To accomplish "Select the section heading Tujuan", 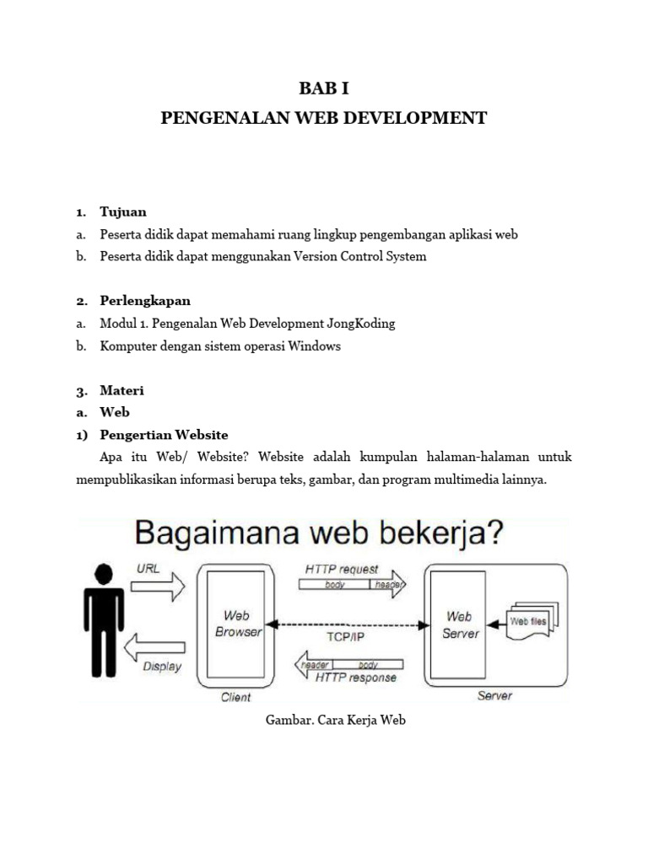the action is (x=122, y=212).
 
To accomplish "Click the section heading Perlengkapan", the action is (x=144, y=301).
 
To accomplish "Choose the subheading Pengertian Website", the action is (x=164, y=435).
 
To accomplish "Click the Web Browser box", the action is (x=238, y=624).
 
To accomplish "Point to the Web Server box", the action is (x=460, y=624).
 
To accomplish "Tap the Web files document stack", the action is (x=532, y=622).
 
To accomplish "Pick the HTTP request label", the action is (x=343, y=570).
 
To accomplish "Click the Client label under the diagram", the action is (x=235, y=697).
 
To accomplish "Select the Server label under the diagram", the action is (x=494, y=696).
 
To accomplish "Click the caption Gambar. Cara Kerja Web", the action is (x=323, y=721).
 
